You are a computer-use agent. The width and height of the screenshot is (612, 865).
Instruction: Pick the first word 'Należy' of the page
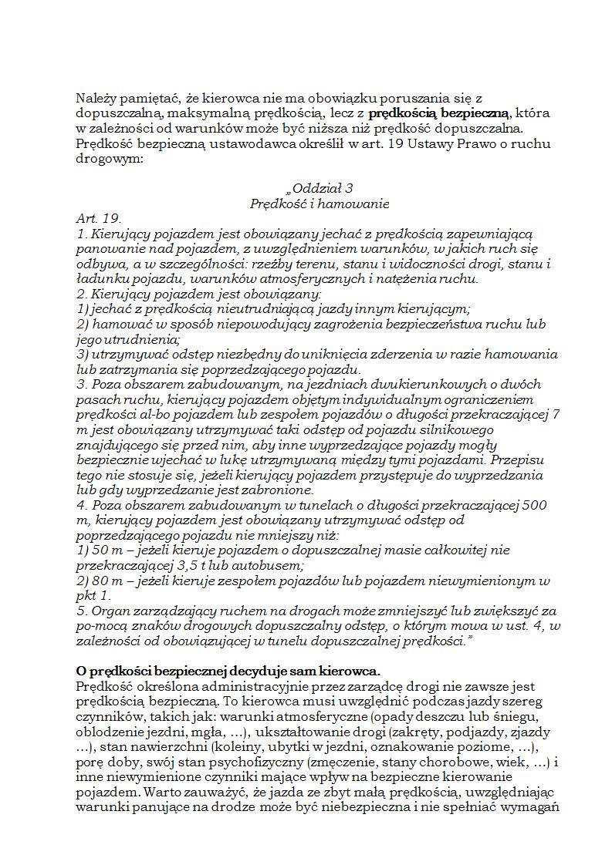pos(95,98)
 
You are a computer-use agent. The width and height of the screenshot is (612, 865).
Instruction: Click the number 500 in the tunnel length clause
pos(536,505)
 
